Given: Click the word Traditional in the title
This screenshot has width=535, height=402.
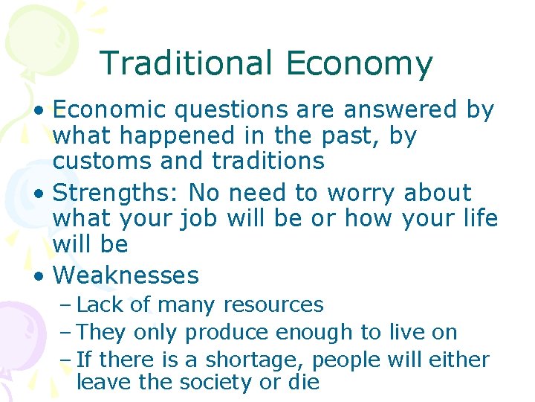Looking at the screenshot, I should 186,63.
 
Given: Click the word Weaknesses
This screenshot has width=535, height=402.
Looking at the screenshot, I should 126,275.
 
